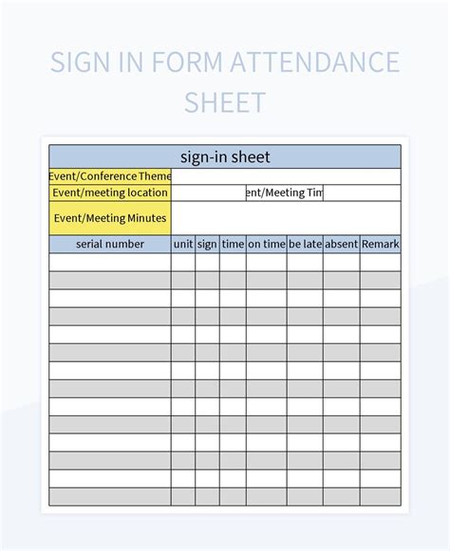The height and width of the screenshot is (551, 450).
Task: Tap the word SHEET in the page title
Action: tap(225, 101)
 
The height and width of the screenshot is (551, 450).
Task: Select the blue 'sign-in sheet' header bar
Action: tap(225, 156)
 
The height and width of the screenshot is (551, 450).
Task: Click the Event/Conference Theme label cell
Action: tap(110, 175)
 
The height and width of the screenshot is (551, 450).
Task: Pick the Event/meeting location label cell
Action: tap(110, 193)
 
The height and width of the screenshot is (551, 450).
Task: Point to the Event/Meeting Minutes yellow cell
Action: tap(110, 218)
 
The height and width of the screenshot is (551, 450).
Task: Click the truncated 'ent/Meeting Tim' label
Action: tap(285, 193)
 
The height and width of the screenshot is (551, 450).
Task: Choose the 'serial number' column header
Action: tap(110, 244)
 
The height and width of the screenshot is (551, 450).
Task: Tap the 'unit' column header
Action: tap(183, 244)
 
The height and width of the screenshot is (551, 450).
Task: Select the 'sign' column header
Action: tap(208, 244)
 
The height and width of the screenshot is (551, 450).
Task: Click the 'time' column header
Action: tap(233, 244)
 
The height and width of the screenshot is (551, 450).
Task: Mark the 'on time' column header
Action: tap(266, 244)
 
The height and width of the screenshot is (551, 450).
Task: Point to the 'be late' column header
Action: tap(305, 244)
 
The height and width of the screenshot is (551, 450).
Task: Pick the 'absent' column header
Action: tap(341, 244)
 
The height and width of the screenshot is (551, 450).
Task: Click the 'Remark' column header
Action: tap(380, 244)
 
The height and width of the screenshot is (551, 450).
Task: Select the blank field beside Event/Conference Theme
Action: tap(286, 175)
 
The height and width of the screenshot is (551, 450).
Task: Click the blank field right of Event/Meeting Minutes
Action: tap(286, 218)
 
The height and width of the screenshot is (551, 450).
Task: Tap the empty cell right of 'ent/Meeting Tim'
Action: tap(362, 193)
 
